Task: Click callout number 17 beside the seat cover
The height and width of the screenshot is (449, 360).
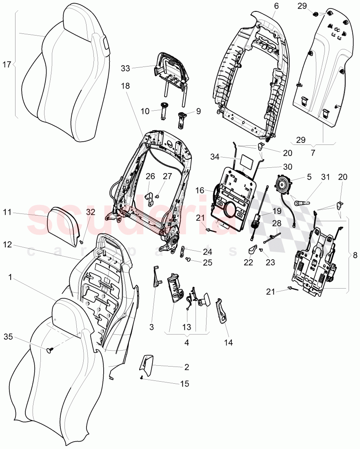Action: pos(7,64)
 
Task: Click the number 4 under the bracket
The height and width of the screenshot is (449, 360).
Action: pos(187,342)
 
